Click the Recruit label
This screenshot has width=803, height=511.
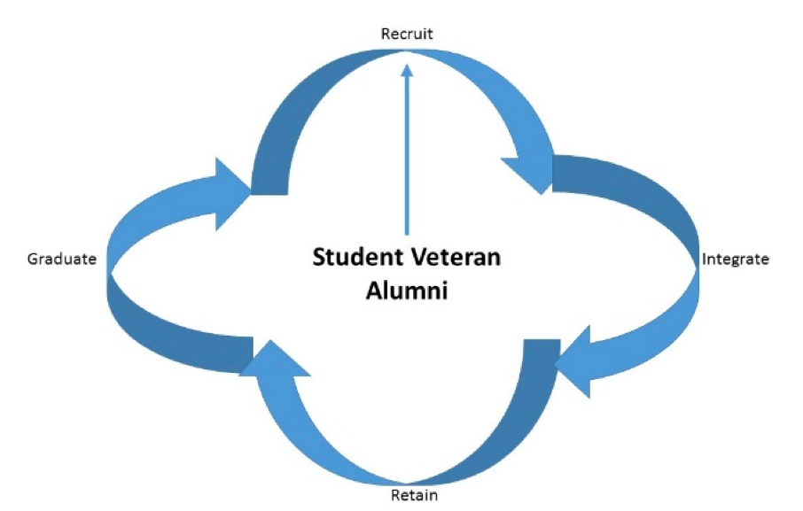[x=407, y=35]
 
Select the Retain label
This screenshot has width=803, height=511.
[x=414, y=495]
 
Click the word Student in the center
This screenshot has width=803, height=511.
[x=352, y=259]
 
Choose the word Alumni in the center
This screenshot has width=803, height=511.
[x=407, y=290]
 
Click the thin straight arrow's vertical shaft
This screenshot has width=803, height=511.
[x=407, y=159]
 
